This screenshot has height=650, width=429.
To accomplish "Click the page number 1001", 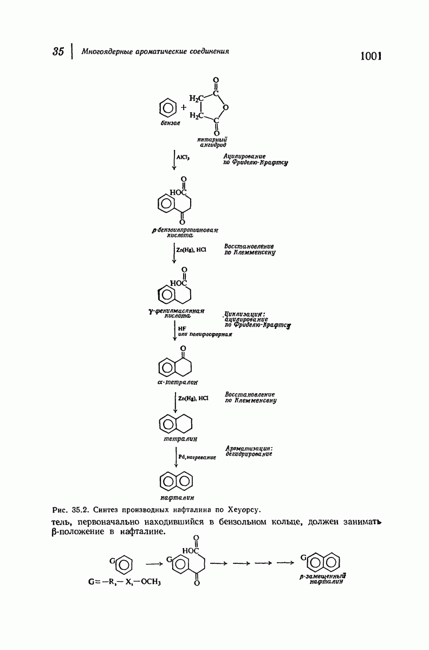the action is click(x=370, y=56).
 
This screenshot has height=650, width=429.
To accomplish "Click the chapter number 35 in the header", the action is click(x=58, y=51).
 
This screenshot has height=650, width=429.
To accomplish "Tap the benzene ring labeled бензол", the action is click(x=168, y=108).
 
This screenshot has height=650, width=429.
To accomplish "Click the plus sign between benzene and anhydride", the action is click(x=184, y=108).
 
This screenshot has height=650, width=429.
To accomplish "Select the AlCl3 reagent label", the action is click(x=183, y=157).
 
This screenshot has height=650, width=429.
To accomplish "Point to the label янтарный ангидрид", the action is click(x=213, y=142).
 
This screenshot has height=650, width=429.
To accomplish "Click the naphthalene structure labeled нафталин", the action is click(x=176, y=482).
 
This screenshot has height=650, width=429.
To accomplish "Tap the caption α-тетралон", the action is click(x=177, y=382).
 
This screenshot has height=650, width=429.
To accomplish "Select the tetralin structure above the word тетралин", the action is click(x=175, y=424).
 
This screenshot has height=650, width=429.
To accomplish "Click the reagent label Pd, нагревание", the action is click(x=197, y=457).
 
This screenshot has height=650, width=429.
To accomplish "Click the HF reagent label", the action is click(x=182, y=328).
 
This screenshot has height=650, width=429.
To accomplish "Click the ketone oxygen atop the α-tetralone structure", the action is click(x=183, y=348).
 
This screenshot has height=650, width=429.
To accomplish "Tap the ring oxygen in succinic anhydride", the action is click(x=225, y=108).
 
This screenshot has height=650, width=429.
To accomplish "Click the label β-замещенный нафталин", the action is click(x=323, y=578).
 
